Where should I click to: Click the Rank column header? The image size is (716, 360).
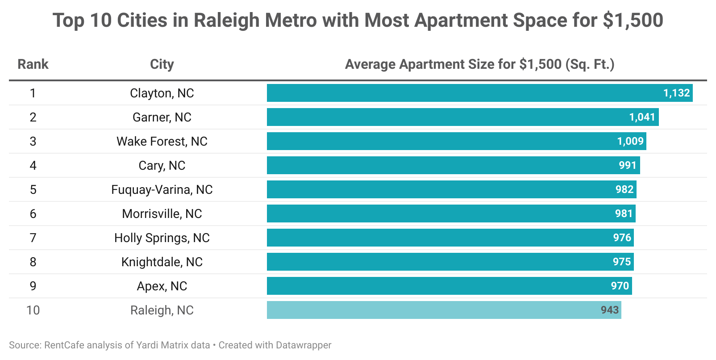tap(33, 64)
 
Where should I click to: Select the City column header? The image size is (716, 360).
tap(162, 64)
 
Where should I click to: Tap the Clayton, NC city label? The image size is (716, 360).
tap(162, 93)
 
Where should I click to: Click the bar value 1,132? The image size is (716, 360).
tap(676, 93)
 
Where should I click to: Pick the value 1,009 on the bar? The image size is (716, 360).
tap(630, 141)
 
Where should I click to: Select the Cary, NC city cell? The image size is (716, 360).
tap(162, 165)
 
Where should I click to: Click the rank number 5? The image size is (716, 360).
tap(33, 189)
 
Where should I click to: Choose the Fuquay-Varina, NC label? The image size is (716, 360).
tap(162, 189)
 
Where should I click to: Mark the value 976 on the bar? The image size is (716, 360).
tap(622, 238)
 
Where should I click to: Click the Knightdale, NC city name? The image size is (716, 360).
tap(162, 262)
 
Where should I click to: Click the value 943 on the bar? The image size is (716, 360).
tap(609, 310)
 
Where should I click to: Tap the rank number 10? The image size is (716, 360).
tap(33, 310)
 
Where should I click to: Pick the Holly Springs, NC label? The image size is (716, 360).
tap(162, 238)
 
